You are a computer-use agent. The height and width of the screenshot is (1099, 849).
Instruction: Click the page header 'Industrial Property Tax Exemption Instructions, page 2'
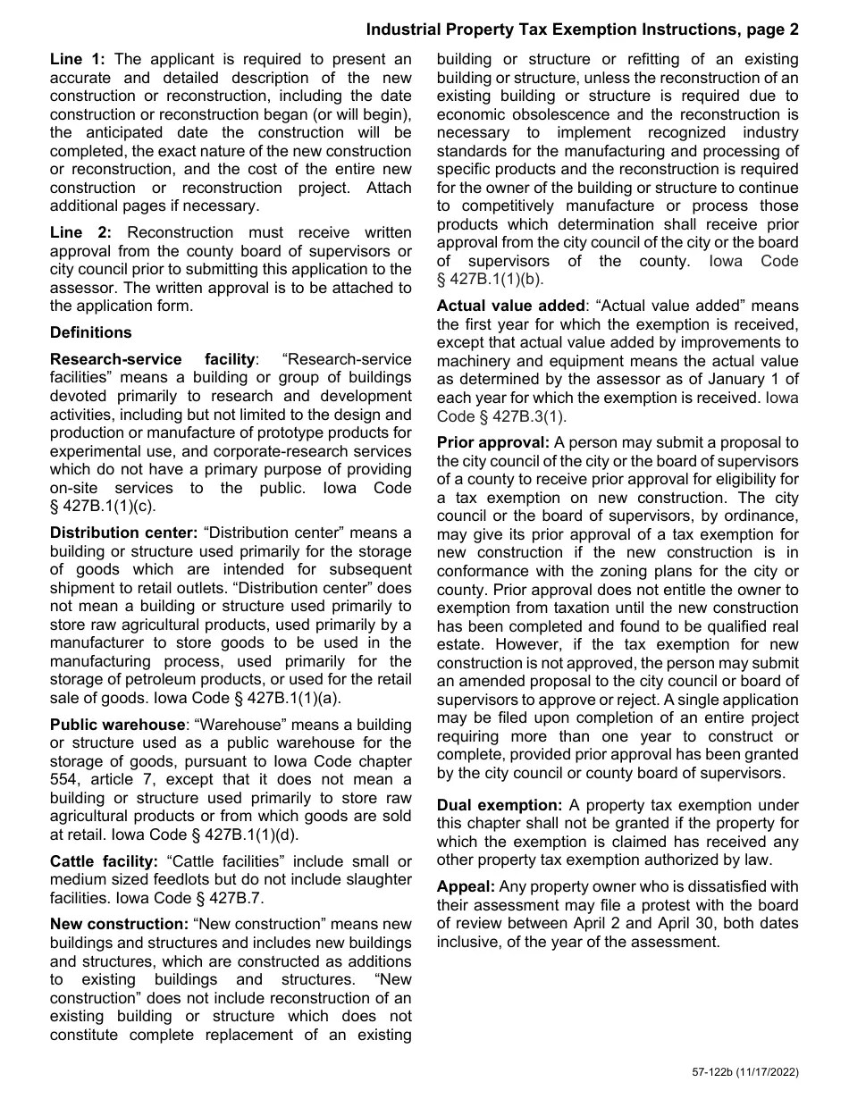pyautogui.click(x=582, y=30)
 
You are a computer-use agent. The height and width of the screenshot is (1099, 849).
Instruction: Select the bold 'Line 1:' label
pyautogui.click(x=78, y=60)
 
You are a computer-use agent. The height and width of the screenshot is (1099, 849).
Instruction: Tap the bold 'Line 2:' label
pyautogui.click(x=79, y=232)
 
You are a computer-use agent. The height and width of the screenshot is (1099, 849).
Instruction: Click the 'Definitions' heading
pyautogui.click(x=90, y=332)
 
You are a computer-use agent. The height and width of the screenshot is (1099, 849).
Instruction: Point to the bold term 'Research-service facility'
pyautogui.click(x=152, y=359)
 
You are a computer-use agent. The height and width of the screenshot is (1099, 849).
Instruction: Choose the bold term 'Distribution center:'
pyautogui.click(x=123, y=533)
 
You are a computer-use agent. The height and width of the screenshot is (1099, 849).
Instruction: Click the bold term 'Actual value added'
pyautogui.click(x=510, y=306)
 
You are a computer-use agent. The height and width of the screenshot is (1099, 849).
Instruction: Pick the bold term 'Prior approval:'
pyautogui.click(x=492, y=442)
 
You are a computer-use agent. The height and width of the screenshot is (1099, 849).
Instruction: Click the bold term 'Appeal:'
pyautogui.click(x=466, y=886)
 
